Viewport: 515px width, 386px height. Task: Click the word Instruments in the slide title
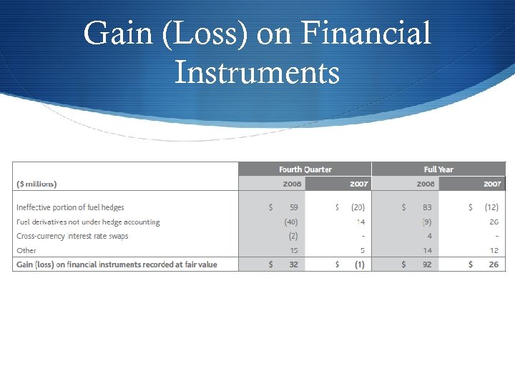[257, 72]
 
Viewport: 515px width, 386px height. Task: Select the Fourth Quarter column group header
[305, 169]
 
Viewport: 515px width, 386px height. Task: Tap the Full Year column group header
[438, 169]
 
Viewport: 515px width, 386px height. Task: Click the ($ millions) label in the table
[36, 184]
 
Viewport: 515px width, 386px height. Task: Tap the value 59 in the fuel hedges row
[292, 207]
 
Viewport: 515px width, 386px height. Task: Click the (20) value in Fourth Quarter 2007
[358, 207]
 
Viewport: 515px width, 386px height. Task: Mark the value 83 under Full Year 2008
[426, 207]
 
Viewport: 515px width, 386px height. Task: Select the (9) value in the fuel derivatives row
[427, 222]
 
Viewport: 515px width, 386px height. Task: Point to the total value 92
[426, 264]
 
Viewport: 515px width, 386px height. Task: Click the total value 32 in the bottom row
[292, 264]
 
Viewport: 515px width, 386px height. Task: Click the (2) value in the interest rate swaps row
[293, 236]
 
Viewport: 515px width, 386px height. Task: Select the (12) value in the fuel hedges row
[491, 207]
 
